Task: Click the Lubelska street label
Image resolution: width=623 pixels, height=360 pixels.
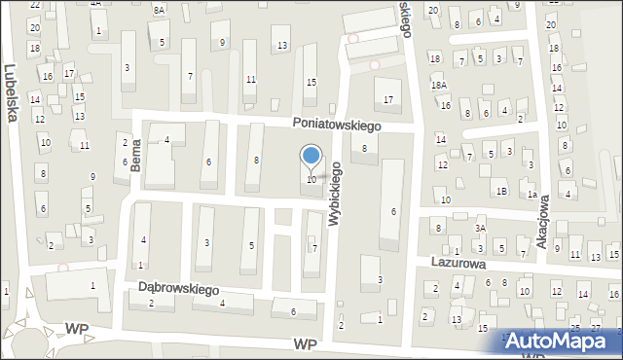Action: point(11,93)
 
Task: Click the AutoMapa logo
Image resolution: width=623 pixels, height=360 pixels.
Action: point(562,342)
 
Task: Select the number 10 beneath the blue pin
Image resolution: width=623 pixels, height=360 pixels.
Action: point(311,180)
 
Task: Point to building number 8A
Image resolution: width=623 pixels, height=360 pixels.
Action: point(159,9)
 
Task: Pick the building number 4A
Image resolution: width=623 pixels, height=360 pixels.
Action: point(95,4)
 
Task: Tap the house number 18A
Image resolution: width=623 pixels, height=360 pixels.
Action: point(439,86)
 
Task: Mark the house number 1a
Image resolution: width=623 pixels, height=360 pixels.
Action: point(532,195)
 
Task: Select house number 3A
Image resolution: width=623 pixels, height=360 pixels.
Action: point(480,228)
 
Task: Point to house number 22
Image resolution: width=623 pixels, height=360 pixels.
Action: point(35,5)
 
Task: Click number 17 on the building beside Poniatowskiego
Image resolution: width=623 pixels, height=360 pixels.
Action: point(388,99)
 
